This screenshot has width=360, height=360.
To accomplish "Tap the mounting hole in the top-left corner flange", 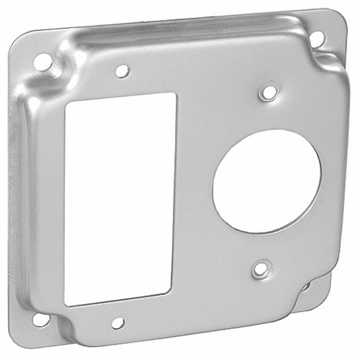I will tap(43, 63).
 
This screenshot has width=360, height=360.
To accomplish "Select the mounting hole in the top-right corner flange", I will tap(316, 40).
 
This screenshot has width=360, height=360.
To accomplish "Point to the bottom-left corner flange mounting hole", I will tap(41, 318).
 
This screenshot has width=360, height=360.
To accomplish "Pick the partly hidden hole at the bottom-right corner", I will tap(306, 286).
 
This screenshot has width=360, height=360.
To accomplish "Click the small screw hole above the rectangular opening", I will tap(122, 71).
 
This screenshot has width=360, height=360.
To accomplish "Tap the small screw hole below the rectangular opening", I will tap(117, 323).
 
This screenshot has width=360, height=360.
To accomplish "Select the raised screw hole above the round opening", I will tap(269, 92).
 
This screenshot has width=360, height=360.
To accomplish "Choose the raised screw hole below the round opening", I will tap(261, 270).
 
